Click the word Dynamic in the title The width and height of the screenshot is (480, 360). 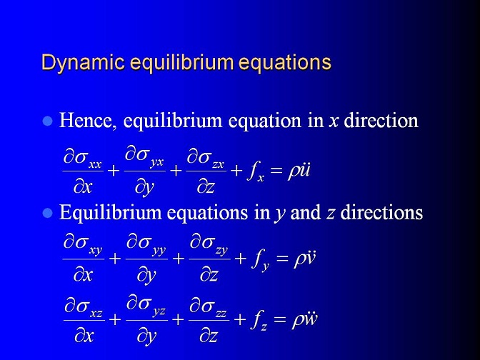pyautogui.click(x=83, y=63)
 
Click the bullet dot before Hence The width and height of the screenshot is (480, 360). pyautogui.click(x=48, y=121)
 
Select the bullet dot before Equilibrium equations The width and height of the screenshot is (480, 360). pyautogui.click(x=48, y=212)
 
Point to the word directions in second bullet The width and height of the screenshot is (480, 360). pyautogui.click(x=381, y=212)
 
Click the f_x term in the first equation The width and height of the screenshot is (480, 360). pyautogui.click(x=256, y=172)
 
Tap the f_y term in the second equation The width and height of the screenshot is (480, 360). pyautogui.click(x=260, y=260)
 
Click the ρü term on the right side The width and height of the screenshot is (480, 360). pyautogui.click(x=299, y=170)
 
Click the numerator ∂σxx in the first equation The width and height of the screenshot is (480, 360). pyautogui.click(x=83, y=160)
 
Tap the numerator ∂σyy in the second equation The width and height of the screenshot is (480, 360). pyautogui.click(x=146, y=246)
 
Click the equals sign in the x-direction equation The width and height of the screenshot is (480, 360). pyautogui.click(x=276, y=171)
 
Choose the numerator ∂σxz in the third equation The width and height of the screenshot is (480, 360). pyautogui.click(x=84, y=309)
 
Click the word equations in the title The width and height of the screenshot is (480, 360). pyautogui.click(x=285, y=63)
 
